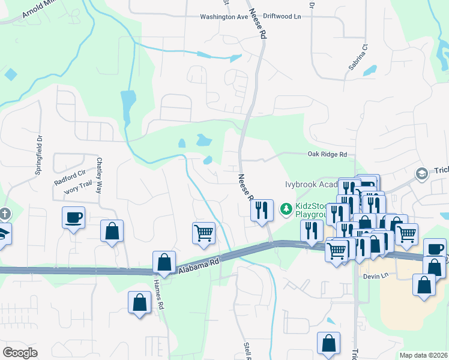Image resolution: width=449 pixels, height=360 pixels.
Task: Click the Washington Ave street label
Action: click(x=224, y=17)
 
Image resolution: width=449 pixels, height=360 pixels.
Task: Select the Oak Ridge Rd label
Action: click(x=327, y=154)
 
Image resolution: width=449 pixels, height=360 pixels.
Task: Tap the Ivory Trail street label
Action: click(x=80, y=189)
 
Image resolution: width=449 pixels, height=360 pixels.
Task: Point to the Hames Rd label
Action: click(x=159, y=294)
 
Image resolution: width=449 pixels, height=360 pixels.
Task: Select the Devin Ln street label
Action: click(x=373, y=277)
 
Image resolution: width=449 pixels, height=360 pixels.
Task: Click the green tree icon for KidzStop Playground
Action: click(x=286, y=209)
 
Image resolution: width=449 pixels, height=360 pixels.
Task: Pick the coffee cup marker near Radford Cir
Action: click(x=73, y=217)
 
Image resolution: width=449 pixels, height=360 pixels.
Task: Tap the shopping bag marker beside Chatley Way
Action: click(x=112, y=230)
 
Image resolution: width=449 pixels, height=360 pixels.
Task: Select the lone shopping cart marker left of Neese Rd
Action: click(x=203, y=232)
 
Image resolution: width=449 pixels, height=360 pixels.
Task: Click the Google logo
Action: click(x=20, y=353)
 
